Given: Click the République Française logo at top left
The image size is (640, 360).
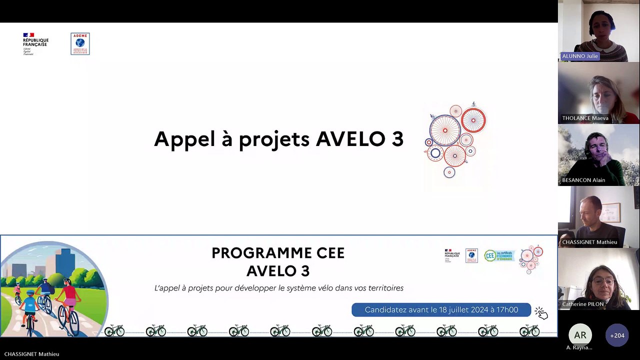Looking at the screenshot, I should [x=35, y=43].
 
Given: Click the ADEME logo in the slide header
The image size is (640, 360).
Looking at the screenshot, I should [x=80, y=43].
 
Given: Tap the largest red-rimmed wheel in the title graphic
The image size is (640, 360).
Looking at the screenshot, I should [x=444, y=129].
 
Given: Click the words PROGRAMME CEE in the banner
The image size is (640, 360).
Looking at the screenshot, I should [x=278, y=253].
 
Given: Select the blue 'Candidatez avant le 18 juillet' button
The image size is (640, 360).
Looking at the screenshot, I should [x=441, y=309].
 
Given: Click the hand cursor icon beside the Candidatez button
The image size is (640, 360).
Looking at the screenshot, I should [x=541, y=313].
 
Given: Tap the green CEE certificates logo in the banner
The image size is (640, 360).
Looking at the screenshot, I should [x=498, y=255].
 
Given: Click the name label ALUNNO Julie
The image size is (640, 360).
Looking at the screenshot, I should [x=580, y=56].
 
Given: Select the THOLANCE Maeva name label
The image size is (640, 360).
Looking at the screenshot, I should [x=585, y=118].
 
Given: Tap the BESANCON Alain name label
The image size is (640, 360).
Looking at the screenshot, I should [x=583, y=180].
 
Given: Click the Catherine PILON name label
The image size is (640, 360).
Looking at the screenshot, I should [x=583, y=304].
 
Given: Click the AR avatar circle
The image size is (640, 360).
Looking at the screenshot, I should [x=580, y=335].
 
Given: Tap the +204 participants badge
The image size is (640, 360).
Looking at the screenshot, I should [x=616, y=335].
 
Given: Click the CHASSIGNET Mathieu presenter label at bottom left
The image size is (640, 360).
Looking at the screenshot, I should [x=31, y=354].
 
